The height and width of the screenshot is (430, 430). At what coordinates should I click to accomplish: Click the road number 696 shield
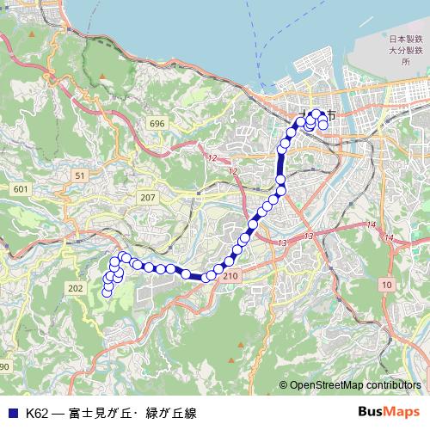pos(156,125)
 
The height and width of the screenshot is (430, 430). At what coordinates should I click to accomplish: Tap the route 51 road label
pos(79,175)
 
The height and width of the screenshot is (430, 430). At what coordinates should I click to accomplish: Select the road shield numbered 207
pos(148,198)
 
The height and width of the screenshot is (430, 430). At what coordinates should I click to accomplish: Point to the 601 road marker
pos(21,188)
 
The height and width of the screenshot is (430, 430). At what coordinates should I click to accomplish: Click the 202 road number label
pos(75,288)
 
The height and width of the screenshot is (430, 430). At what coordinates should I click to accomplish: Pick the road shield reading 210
pos(229,276)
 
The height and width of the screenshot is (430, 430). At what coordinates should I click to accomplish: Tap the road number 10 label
pos(387,284)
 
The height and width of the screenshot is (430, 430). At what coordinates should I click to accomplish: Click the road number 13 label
pos(283,243)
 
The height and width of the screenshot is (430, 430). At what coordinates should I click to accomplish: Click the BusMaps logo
pos(390,412)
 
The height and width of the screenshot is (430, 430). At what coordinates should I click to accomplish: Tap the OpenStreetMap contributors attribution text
pos(355,384)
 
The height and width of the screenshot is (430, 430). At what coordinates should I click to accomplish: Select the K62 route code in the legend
pos(36,413)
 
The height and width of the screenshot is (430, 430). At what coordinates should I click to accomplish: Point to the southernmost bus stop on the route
pos(107,292)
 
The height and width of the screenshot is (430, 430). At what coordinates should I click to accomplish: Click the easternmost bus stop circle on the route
pos(323,126)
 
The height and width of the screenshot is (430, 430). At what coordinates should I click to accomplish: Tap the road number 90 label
pos(4,367)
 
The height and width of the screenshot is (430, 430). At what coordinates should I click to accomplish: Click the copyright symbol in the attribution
pos(283,384)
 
